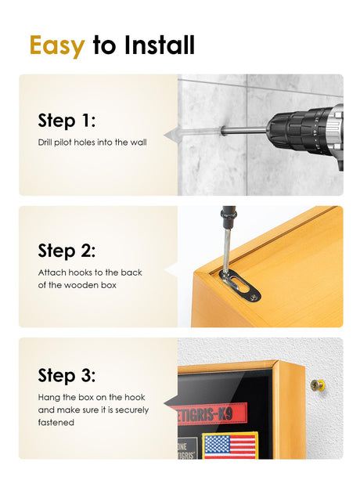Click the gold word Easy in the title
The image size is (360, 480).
[x=57, y=45]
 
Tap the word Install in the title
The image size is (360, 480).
[x=159, y=45]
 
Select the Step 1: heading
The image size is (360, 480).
[x=67, y=121]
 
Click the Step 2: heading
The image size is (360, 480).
[x=67, y=251]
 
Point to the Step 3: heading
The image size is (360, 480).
[x=67, y=375]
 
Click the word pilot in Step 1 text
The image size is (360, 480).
[x=63, y=143]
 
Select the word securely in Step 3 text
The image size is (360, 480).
[x=131, y=410]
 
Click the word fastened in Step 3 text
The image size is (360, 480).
[x=56, y=423]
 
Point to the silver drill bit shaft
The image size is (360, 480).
[x=243, y=131]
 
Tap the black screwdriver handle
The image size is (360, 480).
[x=229, y=217]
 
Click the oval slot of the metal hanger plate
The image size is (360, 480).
[x=241, y=282]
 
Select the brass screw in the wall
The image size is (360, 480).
[x=318, y=385]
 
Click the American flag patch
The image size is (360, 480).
[x=230, y=446]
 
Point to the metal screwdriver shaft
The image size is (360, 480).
[x=227, y=251]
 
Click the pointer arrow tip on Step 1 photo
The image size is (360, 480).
[x=164, y=135]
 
